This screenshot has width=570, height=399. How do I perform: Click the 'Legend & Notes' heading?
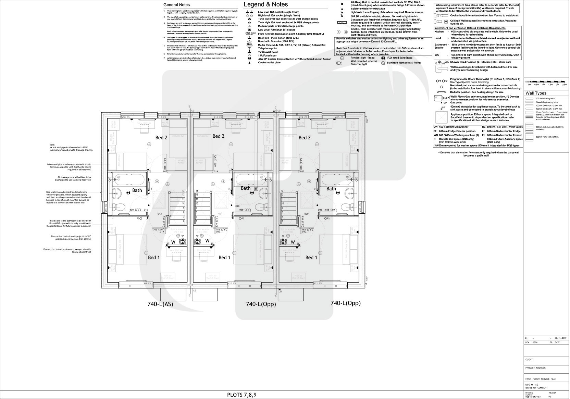click(x=265, y=4)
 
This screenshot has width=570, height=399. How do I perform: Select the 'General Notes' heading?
click(x=176, y=5)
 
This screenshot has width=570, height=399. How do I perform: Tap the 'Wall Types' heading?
click(x=536, y=93)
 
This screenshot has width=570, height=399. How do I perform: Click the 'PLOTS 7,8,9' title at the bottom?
click(x=242, y=395)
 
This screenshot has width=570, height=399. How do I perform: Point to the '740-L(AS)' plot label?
click(x=160, y=304)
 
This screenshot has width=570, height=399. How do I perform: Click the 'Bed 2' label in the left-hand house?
click(x=161, y=138)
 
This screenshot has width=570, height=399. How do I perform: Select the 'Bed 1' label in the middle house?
click(x=224, y=258)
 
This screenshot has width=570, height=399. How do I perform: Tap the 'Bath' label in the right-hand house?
click(x=331, y=189)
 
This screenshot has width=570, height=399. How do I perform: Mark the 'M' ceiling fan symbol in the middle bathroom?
click(x=256, y=189)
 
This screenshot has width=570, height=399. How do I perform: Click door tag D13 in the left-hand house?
click(x=159, y=214)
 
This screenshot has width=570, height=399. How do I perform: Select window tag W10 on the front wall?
click(x=231, y=284)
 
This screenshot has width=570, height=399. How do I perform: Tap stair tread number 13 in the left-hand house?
click(x=183, y=191)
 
